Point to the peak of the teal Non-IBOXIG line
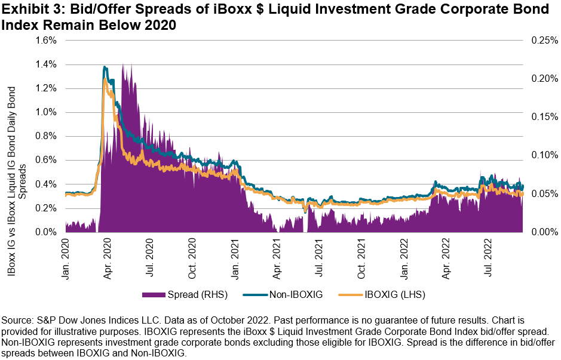tap(105, 67)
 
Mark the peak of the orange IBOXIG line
tap(105, 79)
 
